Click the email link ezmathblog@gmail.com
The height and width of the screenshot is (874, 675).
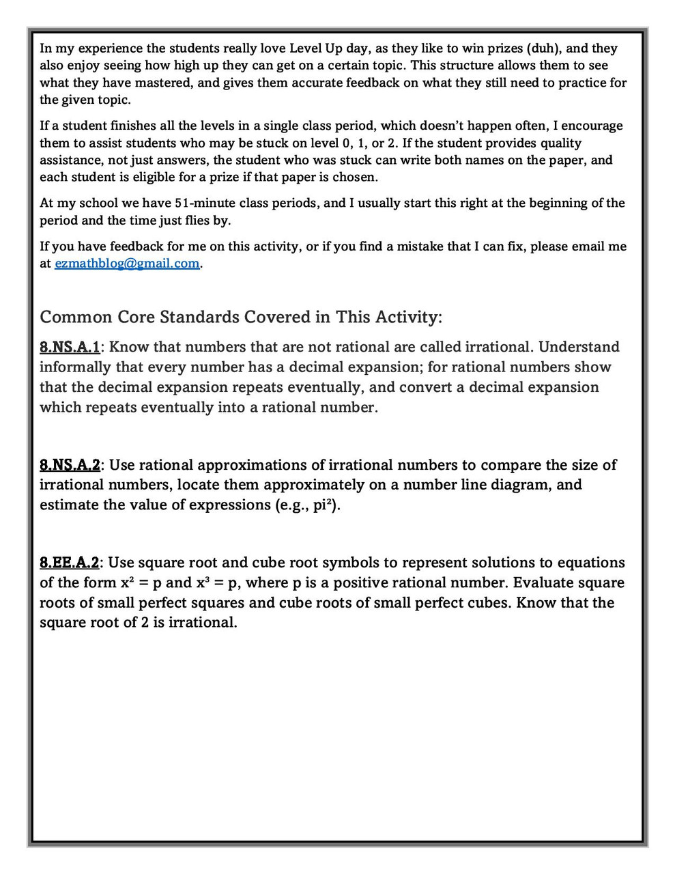127,264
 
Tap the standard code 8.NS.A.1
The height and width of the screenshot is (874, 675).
70,347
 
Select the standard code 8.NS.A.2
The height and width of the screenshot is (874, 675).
70,465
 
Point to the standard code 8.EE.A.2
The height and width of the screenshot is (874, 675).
69,563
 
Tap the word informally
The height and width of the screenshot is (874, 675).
76,367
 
